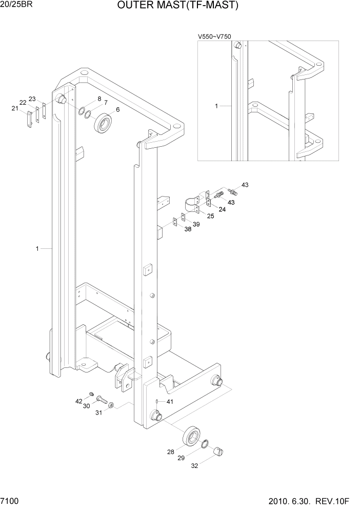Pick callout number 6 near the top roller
pos(117,109)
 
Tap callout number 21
pos(15,108)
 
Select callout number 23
pos(32,99)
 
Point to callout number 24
pos(222,209)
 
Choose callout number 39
pos(196,224)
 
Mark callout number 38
pos(188,229)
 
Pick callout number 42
pos(78,401)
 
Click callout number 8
pos(99,98)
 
